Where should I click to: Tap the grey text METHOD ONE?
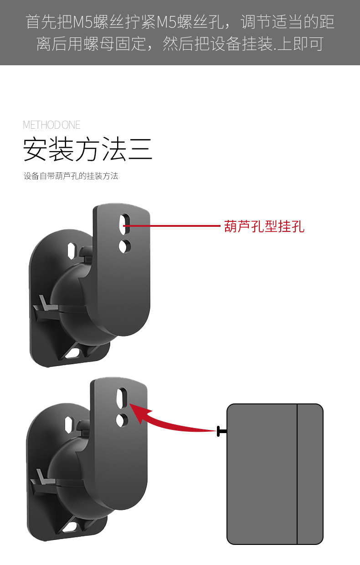tap(51, 125)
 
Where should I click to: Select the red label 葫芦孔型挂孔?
tap(264, 226)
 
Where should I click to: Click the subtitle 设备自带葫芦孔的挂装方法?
tap(71, 176)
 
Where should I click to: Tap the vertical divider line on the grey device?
tap(297, 474)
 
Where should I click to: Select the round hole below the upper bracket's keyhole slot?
tap(123, 246)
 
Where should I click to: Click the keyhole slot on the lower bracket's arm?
tap(121, 398)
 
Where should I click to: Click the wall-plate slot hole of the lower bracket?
tap(69, 424)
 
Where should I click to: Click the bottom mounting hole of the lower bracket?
tap(71, 527)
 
